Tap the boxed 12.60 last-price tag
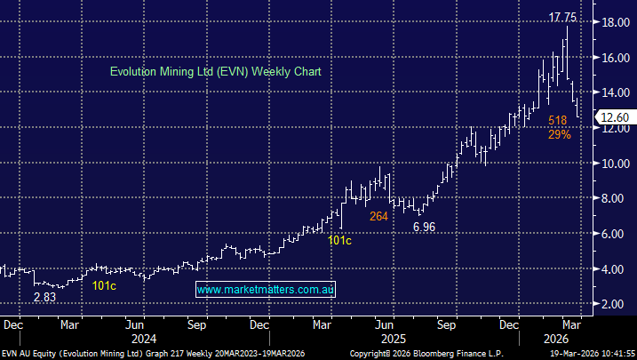coord(613,116)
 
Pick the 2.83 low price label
coord(44,296)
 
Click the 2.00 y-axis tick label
coord(612,304)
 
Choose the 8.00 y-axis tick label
coord(612,198)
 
